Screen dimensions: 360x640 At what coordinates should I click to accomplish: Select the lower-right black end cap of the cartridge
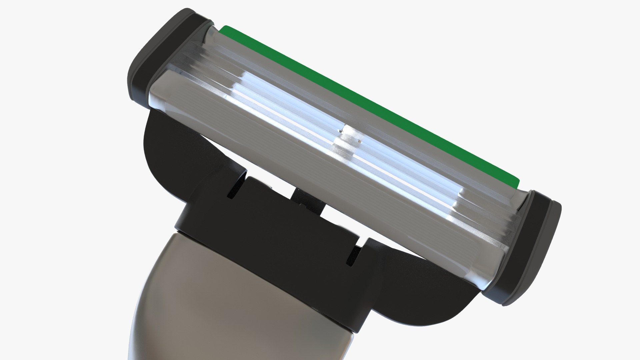pyautogui.click(x=530, y=247)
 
